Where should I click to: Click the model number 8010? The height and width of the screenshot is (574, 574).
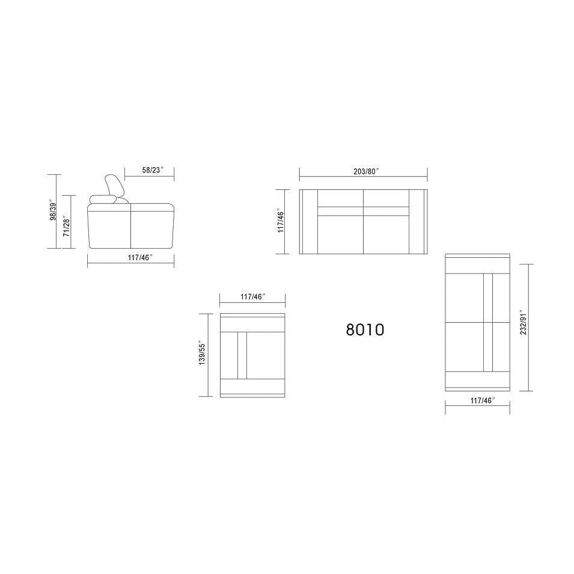point(365,329)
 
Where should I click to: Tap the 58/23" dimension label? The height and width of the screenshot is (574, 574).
point(151,170)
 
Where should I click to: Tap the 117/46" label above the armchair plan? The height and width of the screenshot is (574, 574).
point(252,297)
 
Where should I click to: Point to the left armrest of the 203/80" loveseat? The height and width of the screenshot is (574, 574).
point(308,221)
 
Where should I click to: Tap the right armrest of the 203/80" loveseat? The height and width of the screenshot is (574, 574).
point(418,221)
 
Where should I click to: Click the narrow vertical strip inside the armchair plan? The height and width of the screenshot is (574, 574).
point(243,355)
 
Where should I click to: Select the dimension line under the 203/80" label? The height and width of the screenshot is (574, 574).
point(363,178)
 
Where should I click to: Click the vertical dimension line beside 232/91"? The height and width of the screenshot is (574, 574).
point(528,328)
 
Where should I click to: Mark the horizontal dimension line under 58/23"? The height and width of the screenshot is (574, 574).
point(148,179)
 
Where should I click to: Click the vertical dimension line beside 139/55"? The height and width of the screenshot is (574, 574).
point(209,355)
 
